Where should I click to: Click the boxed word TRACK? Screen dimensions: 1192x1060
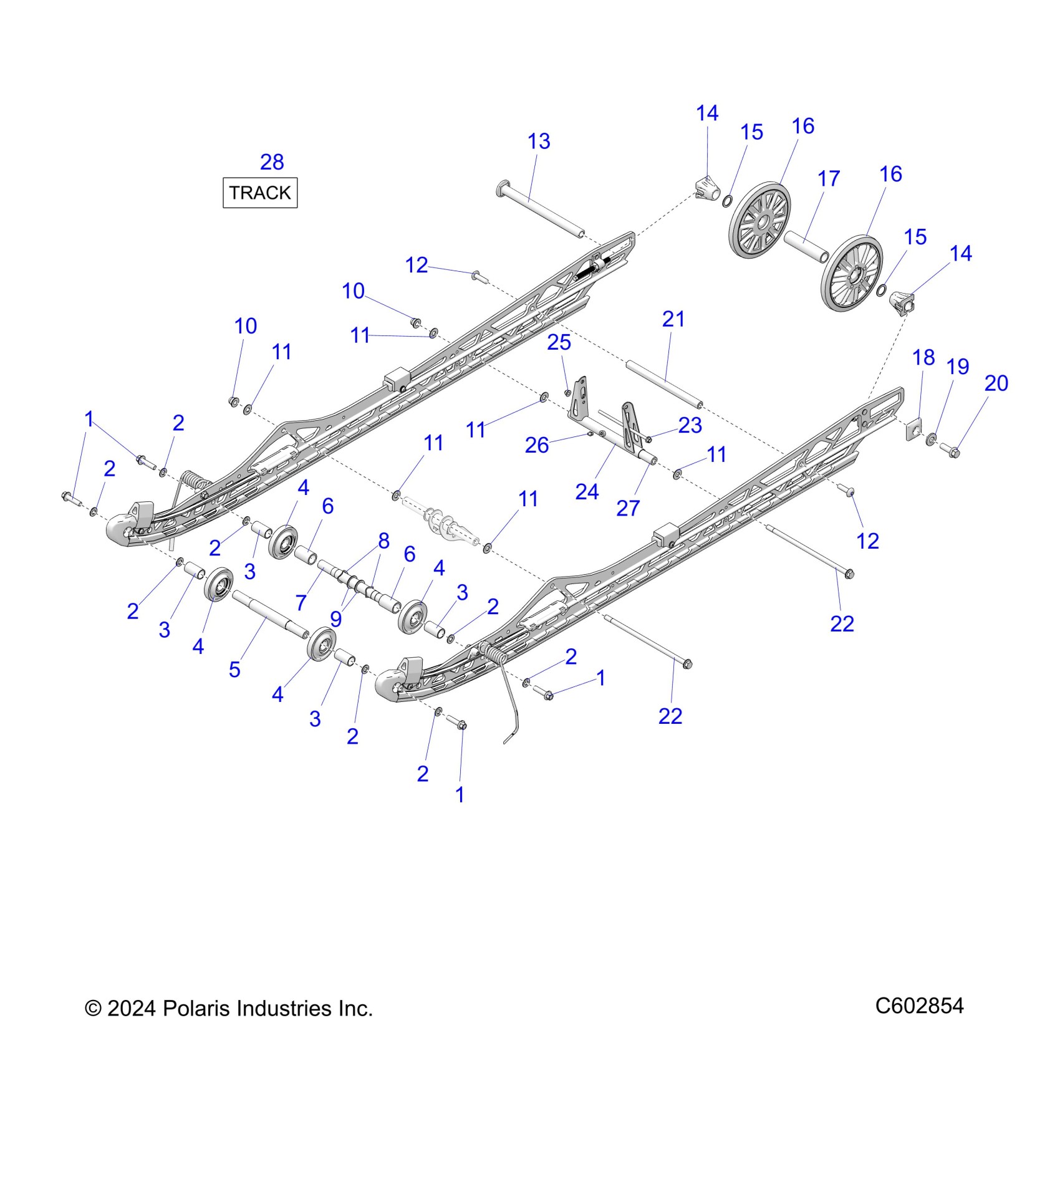pyautogui.click(x=260, y=193)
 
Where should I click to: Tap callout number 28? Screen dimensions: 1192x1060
pyautogui.click(x=272, y=162)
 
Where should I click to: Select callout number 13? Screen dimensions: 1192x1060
pyautogui.click(x=539, y=142)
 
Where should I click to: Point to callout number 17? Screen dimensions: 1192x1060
pyautogui.click(x=829, y=179)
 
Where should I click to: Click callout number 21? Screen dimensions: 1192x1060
pyautogui.click(x=673, y=319)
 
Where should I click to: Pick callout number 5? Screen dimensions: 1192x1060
pyautogui.click(x=234, y=670)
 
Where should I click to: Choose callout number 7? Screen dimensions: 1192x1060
pyautogui.click(x=301, y=603)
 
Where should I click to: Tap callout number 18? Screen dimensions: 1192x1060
pyautogui.click(x=923, y=358)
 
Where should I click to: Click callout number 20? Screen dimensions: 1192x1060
pyautogui.click(x=996, y=383)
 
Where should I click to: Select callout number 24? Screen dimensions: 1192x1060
pyautogui.click(x=587, y=492)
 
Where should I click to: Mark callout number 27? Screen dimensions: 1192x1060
pyautogui.click(x=628, y=508)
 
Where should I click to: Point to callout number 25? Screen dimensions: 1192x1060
pyautogui.click(x=559, y=342)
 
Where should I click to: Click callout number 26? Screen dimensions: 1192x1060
pyautogui.click(x=536, y=445)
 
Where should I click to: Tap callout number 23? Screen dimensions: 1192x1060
pyautogui.click(x=690, y=425)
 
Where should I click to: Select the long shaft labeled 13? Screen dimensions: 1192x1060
pyautogui.click(x=542, y=209)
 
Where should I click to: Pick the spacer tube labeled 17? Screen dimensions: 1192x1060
pyautogui.click(x=806, y=246)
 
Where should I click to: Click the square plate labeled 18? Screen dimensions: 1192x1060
pyautogui.click(x=913, y=430)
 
